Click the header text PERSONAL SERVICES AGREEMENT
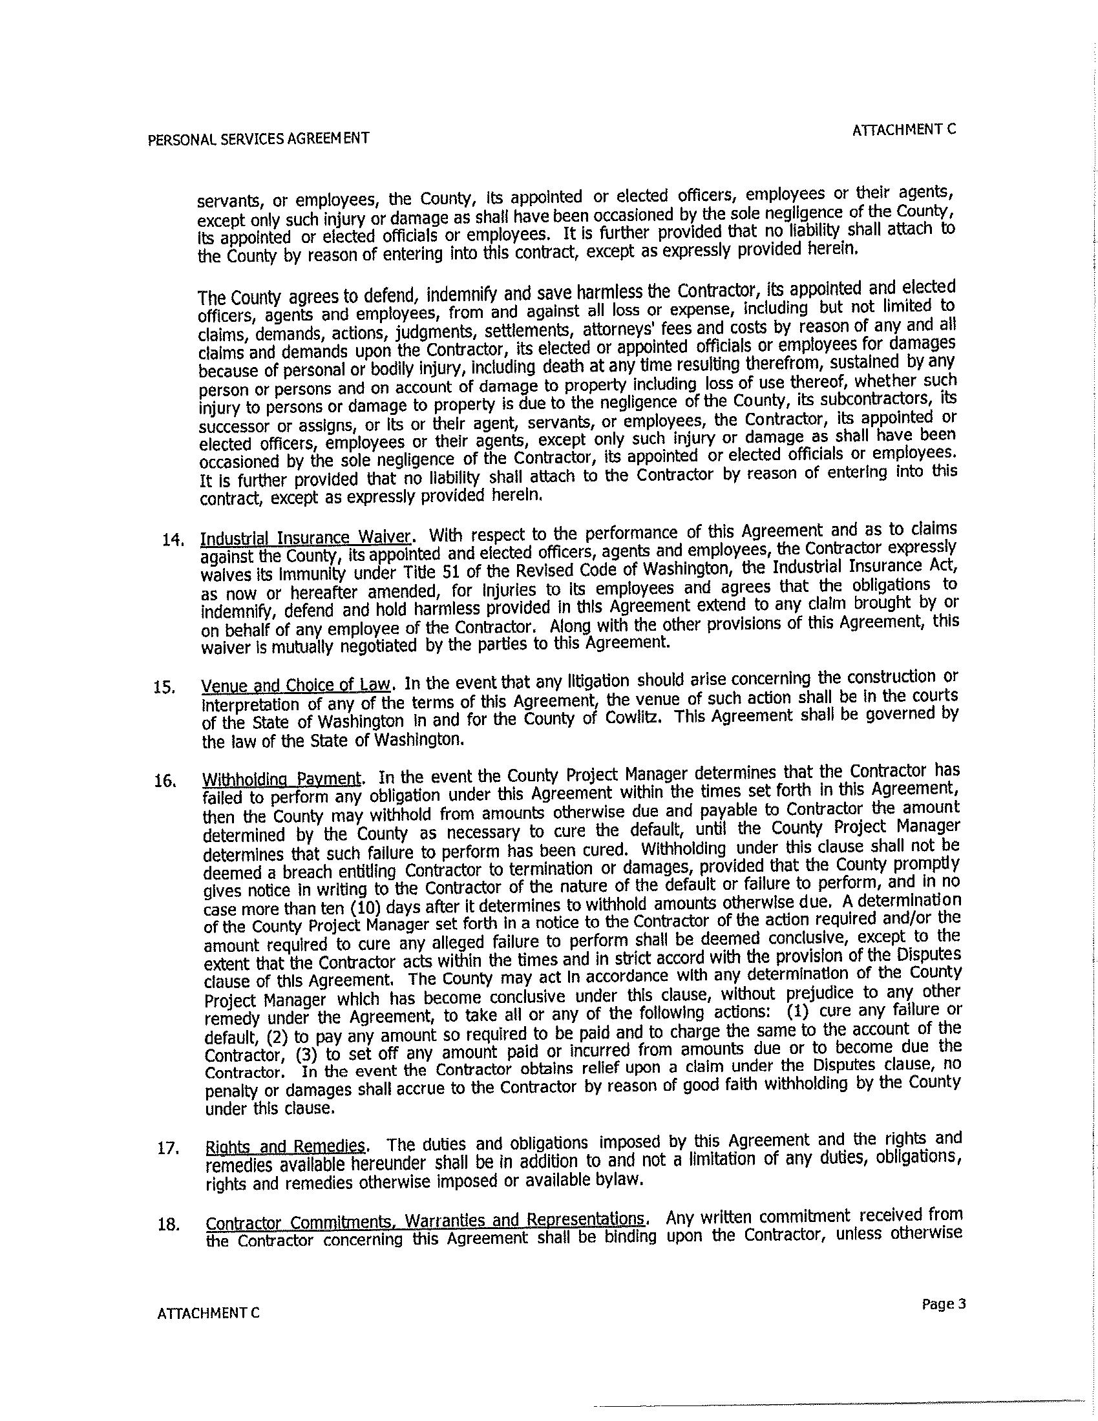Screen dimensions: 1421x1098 [259, 138]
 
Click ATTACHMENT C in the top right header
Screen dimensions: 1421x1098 [904, 129]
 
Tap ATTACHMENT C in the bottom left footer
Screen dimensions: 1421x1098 [208, 1313]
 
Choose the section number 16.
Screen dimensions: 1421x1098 [164, 782]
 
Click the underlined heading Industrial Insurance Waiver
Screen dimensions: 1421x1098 [306, 538]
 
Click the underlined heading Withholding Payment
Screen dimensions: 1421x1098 [282, 779]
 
